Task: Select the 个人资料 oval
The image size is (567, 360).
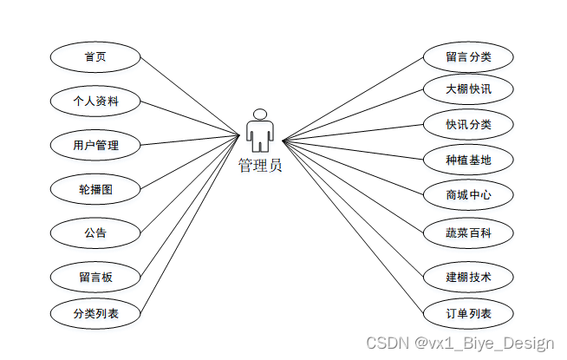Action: (x=95, y=101)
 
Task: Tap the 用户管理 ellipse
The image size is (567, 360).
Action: (x=95, y=145)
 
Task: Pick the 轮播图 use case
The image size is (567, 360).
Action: (x=95, y=188)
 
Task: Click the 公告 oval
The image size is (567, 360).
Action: (x=95, y=232)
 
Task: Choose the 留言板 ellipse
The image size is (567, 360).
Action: (x=95, y=278)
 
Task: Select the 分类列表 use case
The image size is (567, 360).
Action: (x=95, y=313)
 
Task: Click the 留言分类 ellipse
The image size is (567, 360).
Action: (x=468, y=57)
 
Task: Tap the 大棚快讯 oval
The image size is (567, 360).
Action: (x=468, y=88)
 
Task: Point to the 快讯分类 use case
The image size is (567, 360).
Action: (x=468, y=124)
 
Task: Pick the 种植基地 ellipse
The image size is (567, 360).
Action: (x=468, y=160)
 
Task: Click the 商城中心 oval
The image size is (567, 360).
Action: (x=468, y=195)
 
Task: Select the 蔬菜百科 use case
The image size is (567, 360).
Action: (x=468, y=232)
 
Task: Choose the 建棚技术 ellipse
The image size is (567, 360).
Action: (x=468, y=277)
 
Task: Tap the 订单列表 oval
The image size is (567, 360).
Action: (x=468, y=313)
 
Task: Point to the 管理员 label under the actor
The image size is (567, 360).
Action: (x=260, y=165)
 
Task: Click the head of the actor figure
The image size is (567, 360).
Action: (x=260, y=114)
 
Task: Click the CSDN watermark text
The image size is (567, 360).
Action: (x=459, y=344)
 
